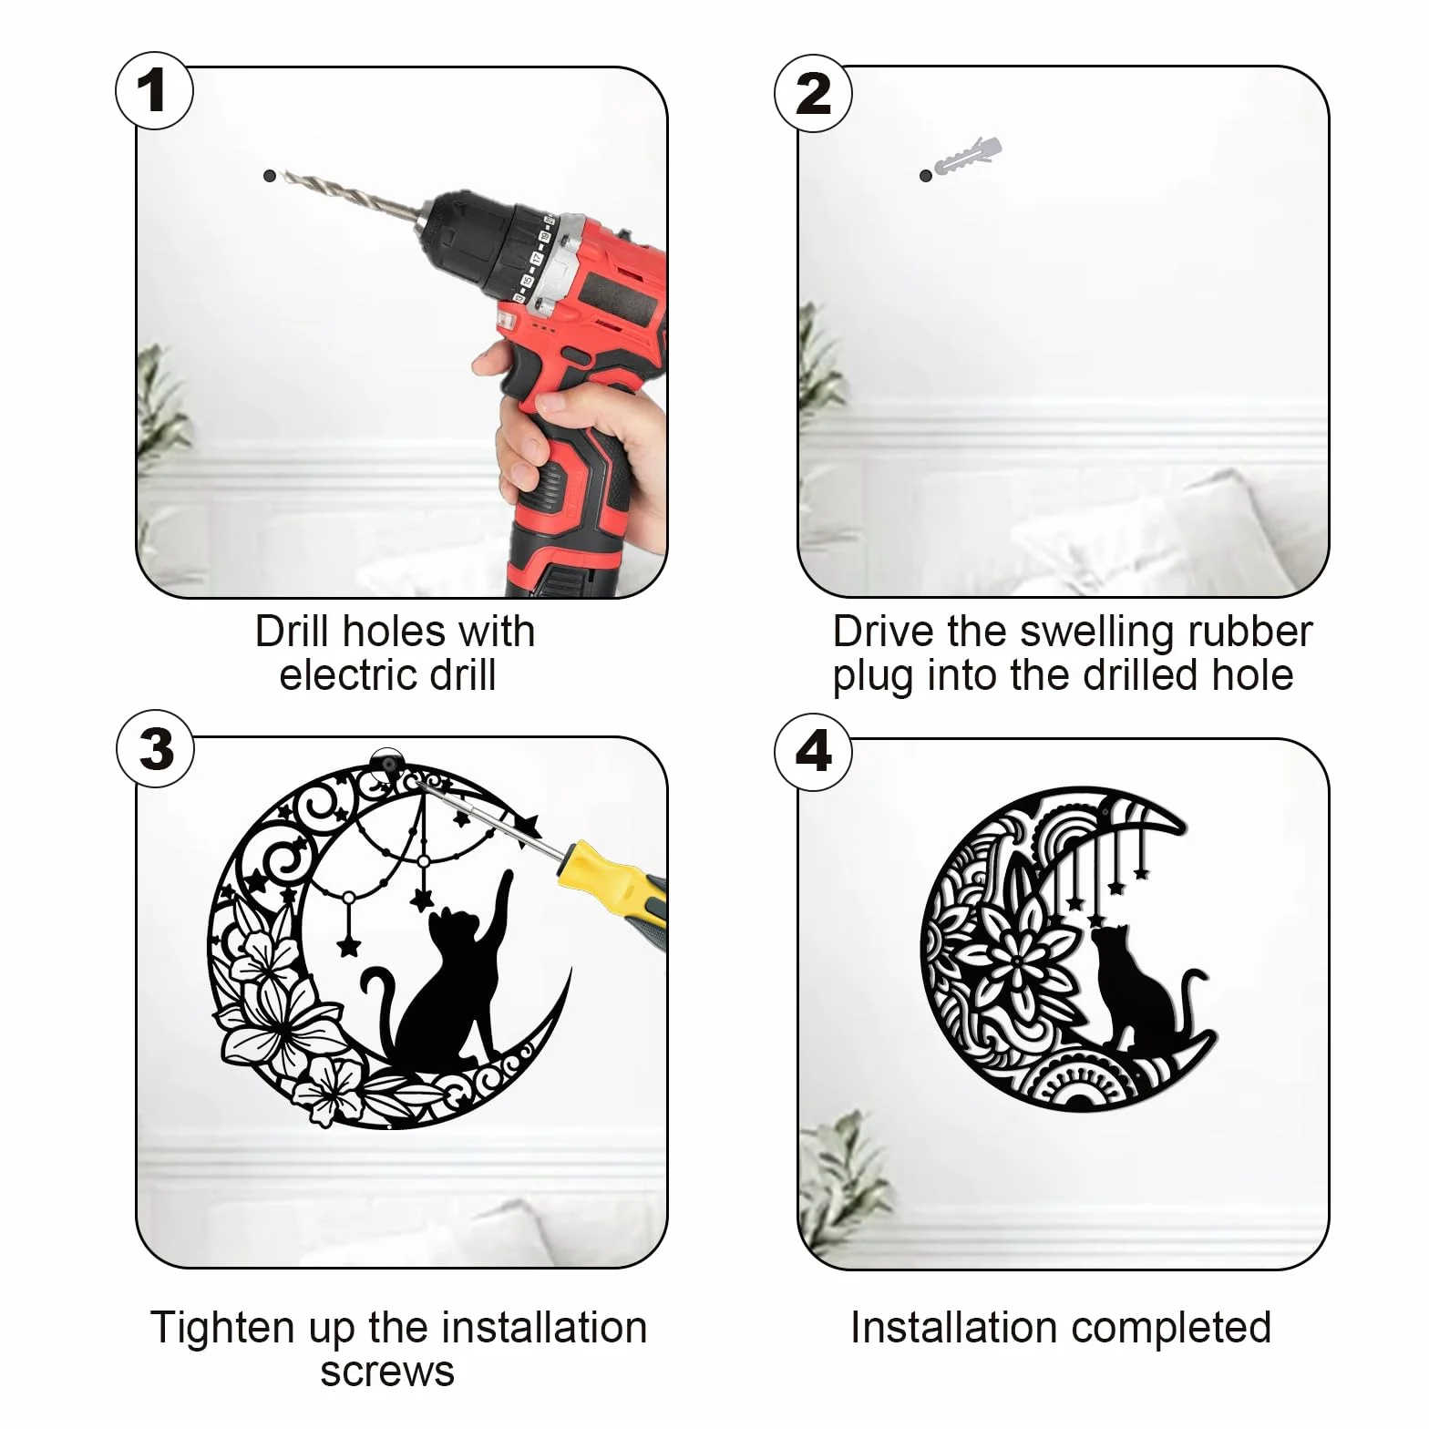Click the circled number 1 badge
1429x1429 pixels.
pyautogui.click(x=154, y=91)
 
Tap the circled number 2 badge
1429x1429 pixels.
pyautogui.click(x=813, y=93)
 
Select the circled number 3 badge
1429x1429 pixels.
pyautogui.click(x=156, y=749)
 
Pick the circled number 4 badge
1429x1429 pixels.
pyautogui.click(x=813, y=752)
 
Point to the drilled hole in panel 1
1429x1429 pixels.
pyautogui.click(x=269, y=175)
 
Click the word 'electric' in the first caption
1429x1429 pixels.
pyautogui.click(x=348, y=675)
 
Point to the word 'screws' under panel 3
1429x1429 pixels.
pyautogui.click(x=387, y=1372)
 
